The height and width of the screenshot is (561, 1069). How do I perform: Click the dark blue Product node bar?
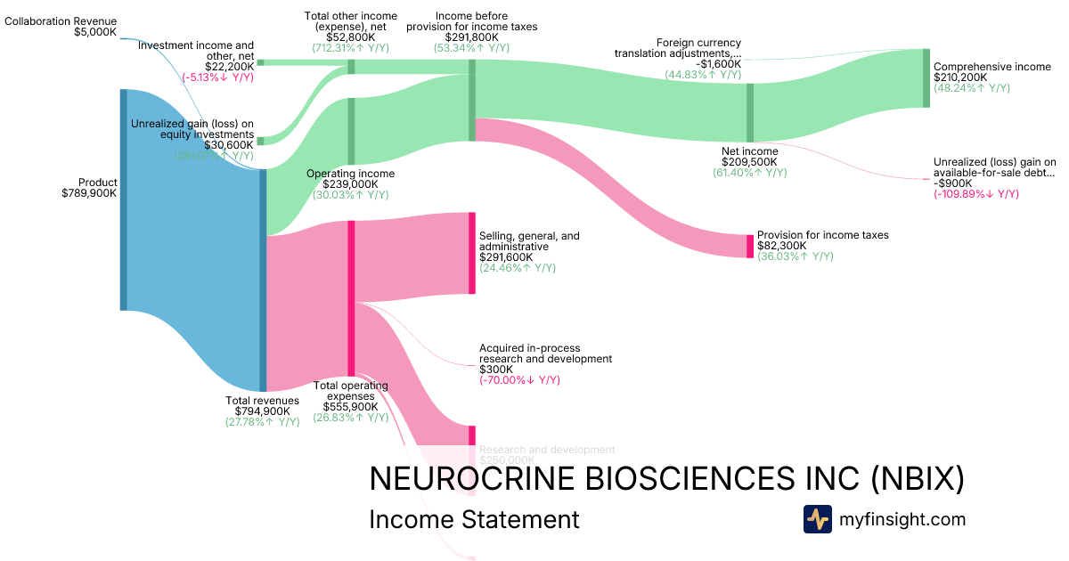click(x=124, y=199)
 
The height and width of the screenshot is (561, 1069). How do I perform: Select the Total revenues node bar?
click(x=263, y=280)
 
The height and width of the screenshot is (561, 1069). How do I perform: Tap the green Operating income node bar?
click(x=351, y=132)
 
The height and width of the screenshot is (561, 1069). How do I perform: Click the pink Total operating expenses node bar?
click(x=351, y=298)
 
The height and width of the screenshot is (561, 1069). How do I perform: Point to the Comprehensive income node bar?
click(x=926, y=78)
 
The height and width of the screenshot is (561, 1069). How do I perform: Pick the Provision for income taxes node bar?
click(x=750, y=246)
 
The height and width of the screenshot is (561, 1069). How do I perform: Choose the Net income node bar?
click(x=750, y=112)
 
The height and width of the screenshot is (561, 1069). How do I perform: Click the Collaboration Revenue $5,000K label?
click(x=61, y=26)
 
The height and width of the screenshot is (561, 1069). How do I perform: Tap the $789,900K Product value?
click(x=89, y=192)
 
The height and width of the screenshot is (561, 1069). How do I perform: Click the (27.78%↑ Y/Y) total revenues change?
click(x=262, y=421)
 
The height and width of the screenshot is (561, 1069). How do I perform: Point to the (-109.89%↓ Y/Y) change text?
click(x=975, y=193)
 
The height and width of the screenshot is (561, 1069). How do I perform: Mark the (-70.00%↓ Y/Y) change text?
click(x=519, y=380)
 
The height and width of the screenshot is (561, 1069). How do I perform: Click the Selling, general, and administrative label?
click(x=529, y=241)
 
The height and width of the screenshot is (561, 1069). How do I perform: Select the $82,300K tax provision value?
click(x=782, y=246)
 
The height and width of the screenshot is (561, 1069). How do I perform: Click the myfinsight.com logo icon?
click(x=817, y=519)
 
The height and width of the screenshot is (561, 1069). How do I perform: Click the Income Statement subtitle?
click(x=474, y=519)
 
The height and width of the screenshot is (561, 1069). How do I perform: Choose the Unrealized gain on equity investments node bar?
click(x=260, y=141)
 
